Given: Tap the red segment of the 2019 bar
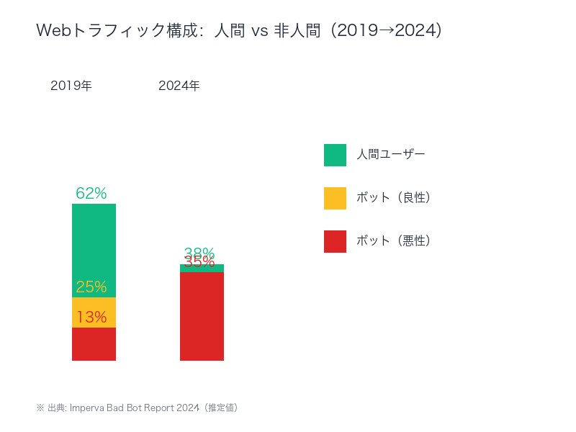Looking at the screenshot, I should tap(94, 344).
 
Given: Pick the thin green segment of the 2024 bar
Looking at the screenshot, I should tap(202, 269).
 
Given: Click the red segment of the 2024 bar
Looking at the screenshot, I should tap(202, 317).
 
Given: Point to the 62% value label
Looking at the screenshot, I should tap(91, 193).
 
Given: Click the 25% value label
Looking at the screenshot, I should tap(91, 287).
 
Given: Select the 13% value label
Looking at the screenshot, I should tap(91, 317).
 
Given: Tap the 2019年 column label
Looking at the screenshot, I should tap(71, 86).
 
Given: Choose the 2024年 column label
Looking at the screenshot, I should tap(179, 86).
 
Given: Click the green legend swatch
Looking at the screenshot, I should tap(335, 155).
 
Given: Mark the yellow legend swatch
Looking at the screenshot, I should tap(335, 198).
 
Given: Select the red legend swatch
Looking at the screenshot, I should tap(335, 241).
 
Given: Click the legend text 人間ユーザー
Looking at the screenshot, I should tap(391, 154).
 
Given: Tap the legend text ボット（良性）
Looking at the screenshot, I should tap(393, 197).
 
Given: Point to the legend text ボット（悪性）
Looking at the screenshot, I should tap(393, 240).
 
